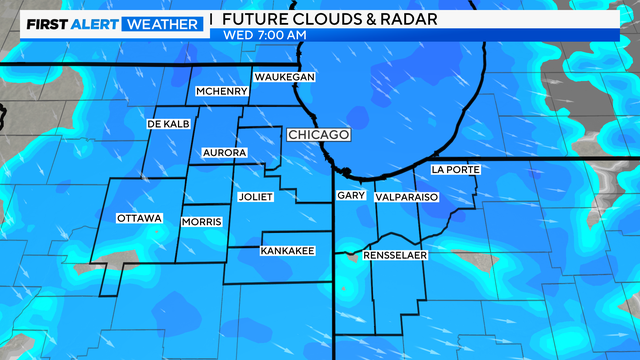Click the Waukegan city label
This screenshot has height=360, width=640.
284,77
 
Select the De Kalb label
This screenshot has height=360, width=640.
168,123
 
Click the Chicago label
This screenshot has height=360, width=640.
317,134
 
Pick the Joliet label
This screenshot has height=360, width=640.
256,197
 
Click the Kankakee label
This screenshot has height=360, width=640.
288,250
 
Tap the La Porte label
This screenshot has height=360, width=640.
455,170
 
